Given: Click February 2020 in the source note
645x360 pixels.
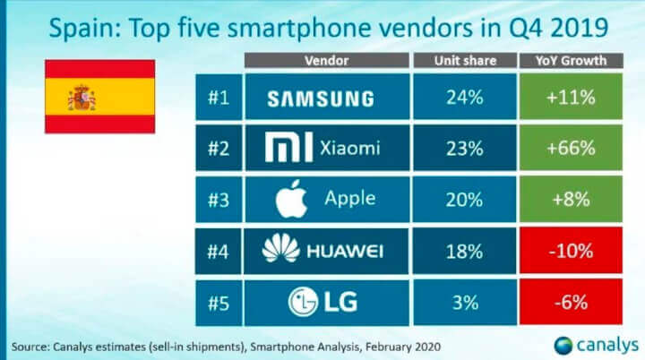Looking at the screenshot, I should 403,344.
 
